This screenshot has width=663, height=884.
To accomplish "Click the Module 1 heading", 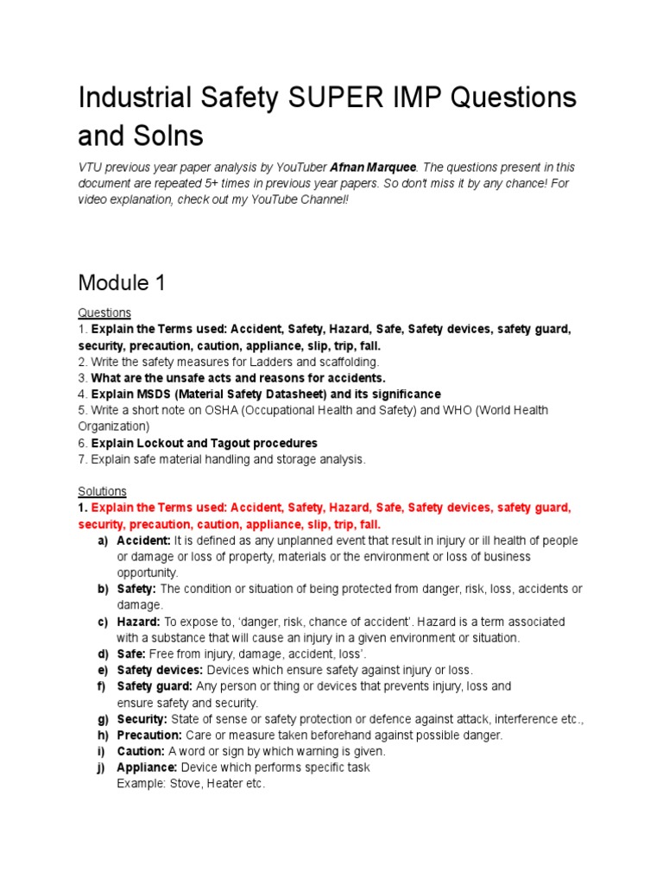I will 123,282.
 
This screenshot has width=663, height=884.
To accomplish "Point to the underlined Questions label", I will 104,313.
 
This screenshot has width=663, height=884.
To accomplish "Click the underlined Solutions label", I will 103,491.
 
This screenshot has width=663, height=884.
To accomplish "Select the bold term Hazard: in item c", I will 138,622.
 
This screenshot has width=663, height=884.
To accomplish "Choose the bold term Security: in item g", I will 142,719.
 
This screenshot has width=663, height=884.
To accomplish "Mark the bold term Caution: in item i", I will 141,751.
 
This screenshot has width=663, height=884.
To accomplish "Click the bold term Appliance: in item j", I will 147,767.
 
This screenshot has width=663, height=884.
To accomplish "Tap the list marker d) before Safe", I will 102,654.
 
